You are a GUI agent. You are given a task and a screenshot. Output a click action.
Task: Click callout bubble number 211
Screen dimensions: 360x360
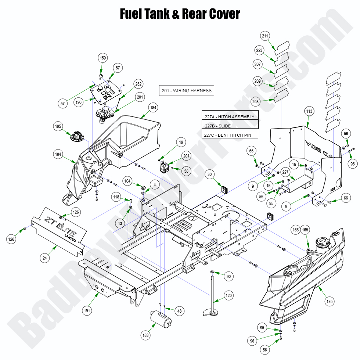265,36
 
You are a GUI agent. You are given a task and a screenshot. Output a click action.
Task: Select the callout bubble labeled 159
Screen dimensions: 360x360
103,58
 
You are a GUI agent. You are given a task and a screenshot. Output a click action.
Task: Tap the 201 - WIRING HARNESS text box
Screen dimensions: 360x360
187,90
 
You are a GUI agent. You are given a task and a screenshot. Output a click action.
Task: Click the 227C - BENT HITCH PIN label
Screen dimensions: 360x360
230,135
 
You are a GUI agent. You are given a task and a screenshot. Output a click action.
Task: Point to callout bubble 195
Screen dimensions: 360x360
58,126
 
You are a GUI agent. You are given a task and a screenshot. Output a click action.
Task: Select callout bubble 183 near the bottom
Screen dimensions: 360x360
145,335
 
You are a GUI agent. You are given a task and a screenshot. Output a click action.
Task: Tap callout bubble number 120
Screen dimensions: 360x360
229,295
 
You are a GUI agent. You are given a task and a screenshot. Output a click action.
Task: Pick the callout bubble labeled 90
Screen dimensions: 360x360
228,276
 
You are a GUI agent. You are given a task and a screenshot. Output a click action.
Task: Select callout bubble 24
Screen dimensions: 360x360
45,258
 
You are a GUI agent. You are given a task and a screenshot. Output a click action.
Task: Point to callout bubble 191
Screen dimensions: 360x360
87,311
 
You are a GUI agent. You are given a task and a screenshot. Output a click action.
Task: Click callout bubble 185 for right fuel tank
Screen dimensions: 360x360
330,302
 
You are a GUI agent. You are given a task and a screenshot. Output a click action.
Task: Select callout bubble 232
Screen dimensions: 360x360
138,84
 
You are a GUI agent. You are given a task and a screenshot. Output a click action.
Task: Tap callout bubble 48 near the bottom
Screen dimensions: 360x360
179,311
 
